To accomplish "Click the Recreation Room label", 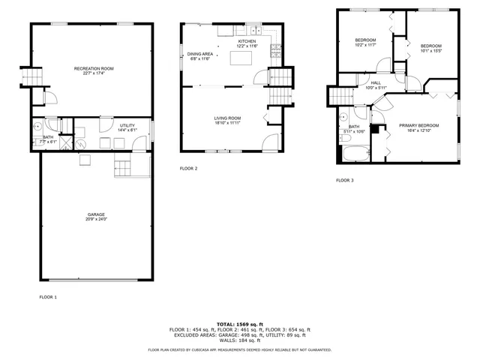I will point(89,69).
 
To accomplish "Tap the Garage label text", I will point(96,214).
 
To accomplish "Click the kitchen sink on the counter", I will point(256,31).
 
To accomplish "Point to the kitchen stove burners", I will point(276,50).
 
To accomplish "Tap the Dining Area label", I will point(199,54).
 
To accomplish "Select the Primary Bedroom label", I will point(418,125).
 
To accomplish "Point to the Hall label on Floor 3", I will point(375,83).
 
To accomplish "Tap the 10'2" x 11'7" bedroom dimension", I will point(365,45).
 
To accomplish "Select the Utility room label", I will point(127,125).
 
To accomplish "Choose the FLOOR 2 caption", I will point(188,168).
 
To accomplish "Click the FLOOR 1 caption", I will point(48,297).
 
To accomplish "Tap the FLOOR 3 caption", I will point(344,180).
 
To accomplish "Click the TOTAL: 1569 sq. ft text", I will point(239,323).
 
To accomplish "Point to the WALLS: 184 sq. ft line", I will point(239,340).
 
